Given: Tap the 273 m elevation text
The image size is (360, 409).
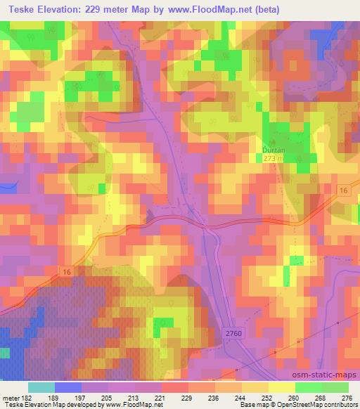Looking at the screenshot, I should click(274, 159).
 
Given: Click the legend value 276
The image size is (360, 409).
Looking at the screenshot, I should click(347, 397).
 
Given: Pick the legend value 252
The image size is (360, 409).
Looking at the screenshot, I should click(267, 397).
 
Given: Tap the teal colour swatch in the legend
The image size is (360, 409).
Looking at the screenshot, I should click(41, 387).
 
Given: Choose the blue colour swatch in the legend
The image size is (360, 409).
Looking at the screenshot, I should click(68, 387).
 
